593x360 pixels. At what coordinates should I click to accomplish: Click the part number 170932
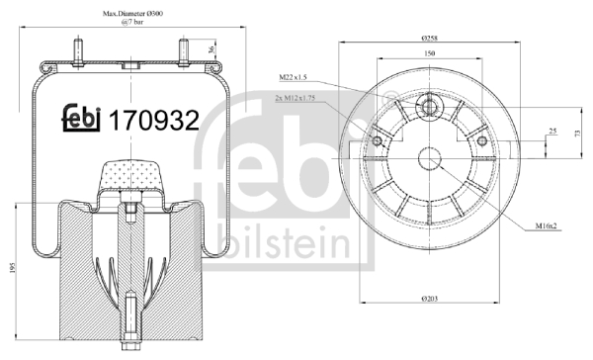154,120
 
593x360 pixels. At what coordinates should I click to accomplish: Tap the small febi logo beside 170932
81,118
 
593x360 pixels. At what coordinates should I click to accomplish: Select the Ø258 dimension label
429,39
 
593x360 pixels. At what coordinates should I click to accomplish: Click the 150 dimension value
430,53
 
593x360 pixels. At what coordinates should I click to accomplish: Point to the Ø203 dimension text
430,299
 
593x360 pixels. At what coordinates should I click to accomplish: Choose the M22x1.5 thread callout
293,77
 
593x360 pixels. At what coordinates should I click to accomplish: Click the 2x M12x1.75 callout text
295,99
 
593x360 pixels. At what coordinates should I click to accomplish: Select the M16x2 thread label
547,226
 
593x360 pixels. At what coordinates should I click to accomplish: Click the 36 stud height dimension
212,48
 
